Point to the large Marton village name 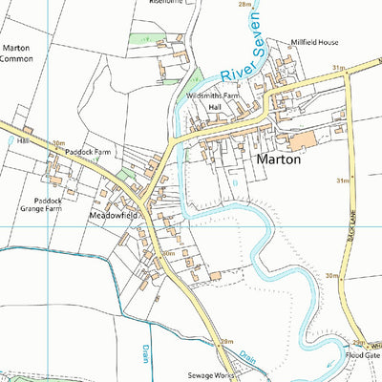(x=279, y=160)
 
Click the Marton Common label (x=17, y=53)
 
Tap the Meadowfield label (x=114, y=216)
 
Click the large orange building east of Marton (x=302, y=140)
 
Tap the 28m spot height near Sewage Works (x=226, y=341)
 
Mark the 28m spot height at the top (x=245, y=5)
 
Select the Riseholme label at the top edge (x=164, y=3)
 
